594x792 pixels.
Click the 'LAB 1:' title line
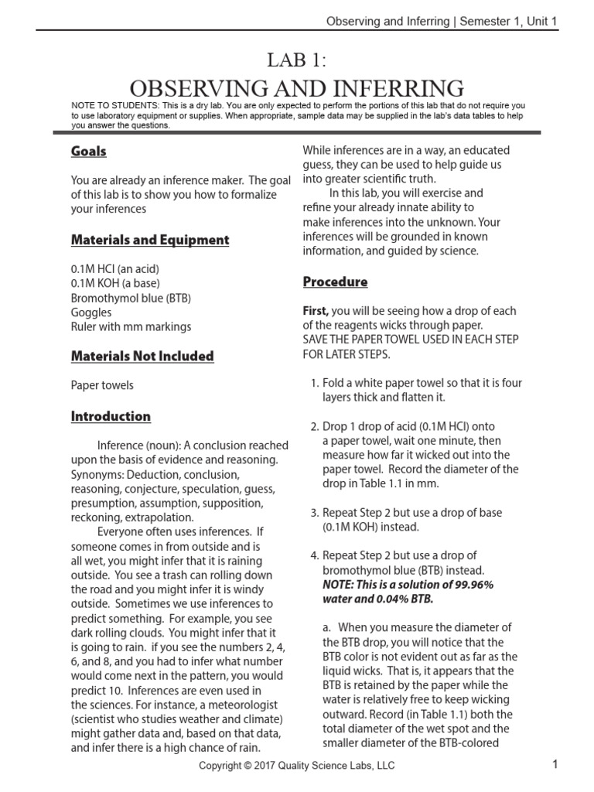click(x=296, y=60)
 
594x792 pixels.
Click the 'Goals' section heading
click(x=89, y=152)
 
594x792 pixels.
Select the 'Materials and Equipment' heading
click(x=150, y=240)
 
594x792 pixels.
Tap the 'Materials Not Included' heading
click(x=142, y=356)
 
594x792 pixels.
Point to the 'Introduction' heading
click(x=111, y=416)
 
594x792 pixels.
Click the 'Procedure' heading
click(x=335, y=282)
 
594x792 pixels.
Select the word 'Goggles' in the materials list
click(x=91, y=312)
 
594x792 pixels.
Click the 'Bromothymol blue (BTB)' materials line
click(x=131, y=298)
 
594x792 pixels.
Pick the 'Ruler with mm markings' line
click(x=131, y=326)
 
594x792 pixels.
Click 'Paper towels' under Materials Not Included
click(x=102, y=385)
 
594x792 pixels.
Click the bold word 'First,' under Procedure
click(x=316, y=311)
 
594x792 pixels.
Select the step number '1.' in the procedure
click(x=314, y=383)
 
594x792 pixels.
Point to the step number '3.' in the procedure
click(x=314, y=513)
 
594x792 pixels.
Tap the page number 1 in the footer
click(x=555, y=765)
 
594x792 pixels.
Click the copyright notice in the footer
click(x=297, y=766)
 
